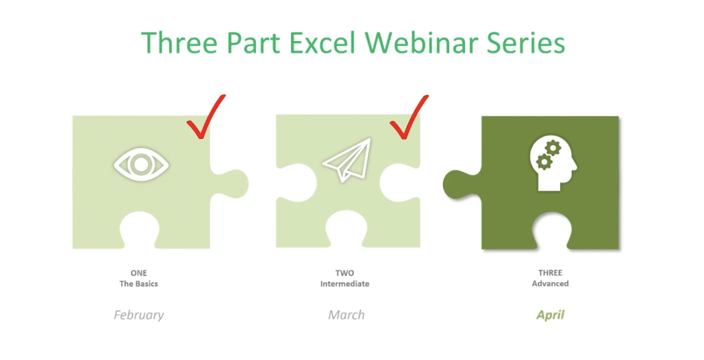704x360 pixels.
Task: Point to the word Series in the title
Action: (529, 42)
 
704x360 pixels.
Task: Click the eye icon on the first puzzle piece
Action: (141, 164)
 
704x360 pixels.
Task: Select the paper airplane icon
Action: (347, 162)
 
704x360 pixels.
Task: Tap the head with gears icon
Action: (552, 163)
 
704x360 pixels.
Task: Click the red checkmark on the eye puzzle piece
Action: (205, 118)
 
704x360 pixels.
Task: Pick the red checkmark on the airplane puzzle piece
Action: (408, 118)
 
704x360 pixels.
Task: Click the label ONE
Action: (139, 273)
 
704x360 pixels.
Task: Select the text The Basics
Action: (139, 283)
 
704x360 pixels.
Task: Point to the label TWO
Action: (345, 273)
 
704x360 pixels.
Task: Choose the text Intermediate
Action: (345, 283)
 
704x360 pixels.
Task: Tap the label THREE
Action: (550, 273)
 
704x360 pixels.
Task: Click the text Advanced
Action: (550, 283)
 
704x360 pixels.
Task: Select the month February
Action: (139, 316)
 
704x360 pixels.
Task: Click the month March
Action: (346, 316)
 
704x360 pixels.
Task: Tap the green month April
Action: (550, 316)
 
